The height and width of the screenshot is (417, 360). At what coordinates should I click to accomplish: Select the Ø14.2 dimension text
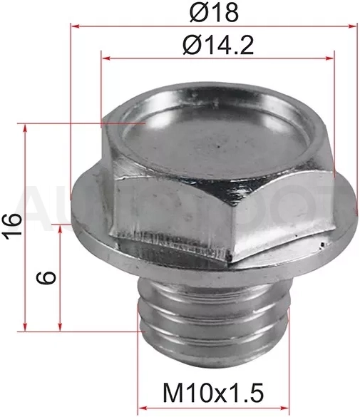[218, 45]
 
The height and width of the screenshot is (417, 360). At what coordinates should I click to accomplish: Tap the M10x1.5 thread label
[213, 393]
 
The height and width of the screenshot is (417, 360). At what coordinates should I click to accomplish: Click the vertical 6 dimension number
[46, 278]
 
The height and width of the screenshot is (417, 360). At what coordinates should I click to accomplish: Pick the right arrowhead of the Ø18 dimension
[351, 26]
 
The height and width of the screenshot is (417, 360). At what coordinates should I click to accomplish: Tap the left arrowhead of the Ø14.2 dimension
[106, 58]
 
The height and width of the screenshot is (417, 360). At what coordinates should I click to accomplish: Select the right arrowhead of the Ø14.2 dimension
[329, 58]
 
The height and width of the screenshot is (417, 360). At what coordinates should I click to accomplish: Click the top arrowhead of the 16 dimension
[25, 128]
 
